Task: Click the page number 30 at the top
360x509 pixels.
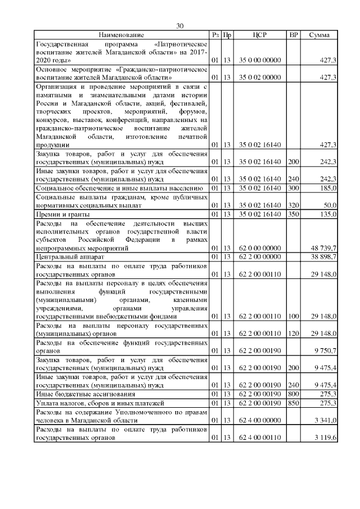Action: click(x=180, y=26)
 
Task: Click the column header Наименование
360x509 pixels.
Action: click(x=121, y=35)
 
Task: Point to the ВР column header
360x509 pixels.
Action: click(x=293, y=35)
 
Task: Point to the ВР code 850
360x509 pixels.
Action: click(x=292, y=403)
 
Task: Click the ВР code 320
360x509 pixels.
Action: click(x=292, y=205)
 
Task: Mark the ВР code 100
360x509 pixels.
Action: click(x=292, y=317)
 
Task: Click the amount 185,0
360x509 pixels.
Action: click(x=327, y=187)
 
